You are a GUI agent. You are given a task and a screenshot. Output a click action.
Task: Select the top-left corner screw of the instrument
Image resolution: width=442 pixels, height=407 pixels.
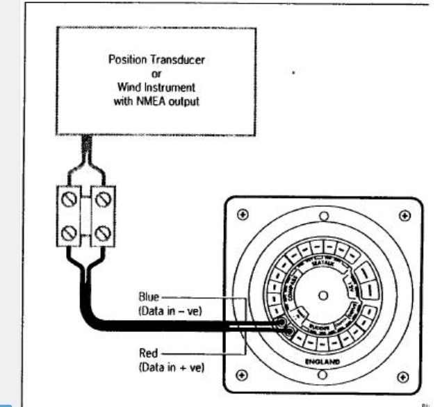(x=240, y=215)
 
